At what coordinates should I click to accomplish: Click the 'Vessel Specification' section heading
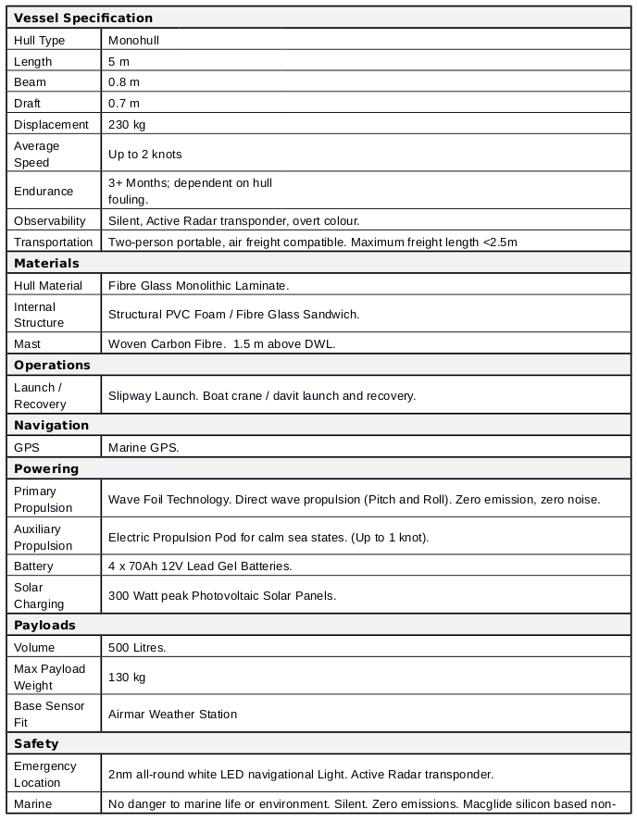click(83, 18)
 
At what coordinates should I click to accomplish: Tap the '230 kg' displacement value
click(127, 124)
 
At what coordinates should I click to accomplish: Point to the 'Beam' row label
click(30, 82)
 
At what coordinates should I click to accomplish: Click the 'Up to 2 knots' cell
click(145, 154)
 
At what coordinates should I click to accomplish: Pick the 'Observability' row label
click(50, 220)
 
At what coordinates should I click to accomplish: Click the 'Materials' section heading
click(46, 263)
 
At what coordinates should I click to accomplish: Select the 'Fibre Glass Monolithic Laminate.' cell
click(199, 285)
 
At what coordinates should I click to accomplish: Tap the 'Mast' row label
click(28, 343)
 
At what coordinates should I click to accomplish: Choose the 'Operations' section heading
click(52, 365)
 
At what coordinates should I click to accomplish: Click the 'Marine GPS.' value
click(144, 447)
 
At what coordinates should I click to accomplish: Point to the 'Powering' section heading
click(46, 468)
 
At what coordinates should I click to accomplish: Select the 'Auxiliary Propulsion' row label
click(43, 537)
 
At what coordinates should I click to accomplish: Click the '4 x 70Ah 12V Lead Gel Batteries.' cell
click(200, 566)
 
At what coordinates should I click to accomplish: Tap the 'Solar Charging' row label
click(39, 595)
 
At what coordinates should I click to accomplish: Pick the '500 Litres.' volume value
click(137, 647)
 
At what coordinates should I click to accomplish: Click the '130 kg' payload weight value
click(127, 677)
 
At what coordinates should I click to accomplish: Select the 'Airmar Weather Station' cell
click(172, 714)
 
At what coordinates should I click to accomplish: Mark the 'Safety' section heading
click(36, 743)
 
